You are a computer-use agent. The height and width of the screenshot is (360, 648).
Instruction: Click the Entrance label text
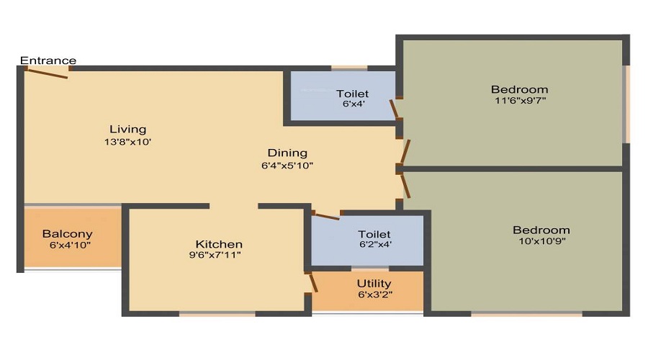(x=48, y=60)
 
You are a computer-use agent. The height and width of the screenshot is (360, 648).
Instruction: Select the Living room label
(x=128, y=130)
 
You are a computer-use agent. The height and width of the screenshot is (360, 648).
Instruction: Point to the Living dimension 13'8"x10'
(x=128, y=143)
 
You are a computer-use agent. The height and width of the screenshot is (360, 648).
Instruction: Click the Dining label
(x=287, y=153)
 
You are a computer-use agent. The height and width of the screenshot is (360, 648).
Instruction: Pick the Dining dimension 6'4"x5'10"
(x=287, y=166)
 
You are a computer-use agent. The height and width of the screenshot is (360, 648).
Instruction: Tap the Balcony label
(x=67, y=234)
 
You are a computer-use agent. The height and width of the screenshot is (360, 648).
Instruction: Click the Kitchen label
(x=219, y=244)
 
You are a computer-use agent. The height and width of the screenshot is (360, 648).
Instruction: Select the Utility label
(x=374, y=284)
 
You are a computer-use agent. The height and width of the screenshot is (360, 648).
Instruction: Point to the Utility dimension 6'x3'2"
(x=374, y=295)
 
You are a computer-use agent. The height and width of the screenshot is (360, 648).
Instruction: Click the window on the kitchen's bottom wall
(x=217, y=313)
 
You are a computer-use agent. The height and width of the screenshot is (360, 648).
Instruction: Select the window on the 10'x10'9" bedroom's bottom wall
(x=526, y=313)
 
